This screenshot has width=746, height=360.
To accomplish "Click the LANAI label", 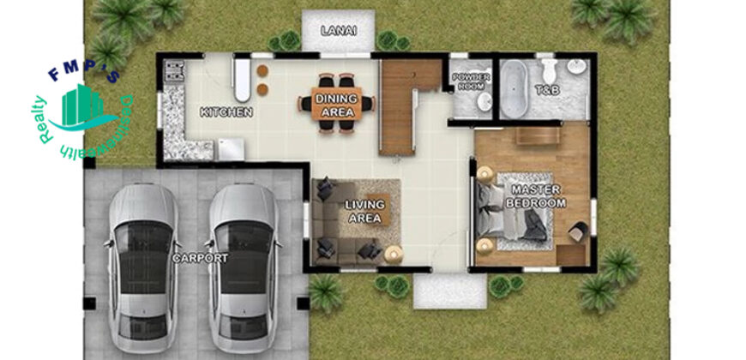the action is (x=339, y=32).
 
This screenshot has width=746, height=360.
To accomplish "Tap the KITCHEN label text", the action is (x=226, y=112).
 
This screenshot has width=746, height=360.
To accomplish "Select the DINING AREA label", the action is (x=336, y=105).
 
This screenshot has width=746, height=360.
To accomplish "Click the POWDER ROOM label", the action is (x=471, y=81).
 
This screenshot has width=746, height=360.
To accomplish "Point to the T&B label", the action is (x=548, y=90).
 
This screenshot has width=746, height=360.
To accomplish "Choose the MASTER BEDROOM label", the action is (x=536, y=196).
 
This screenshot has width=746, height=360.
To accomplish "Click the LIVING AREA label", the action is (x=364, y=212).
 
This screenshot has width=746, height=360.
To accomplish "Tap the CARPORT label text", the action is (x=200, y=259).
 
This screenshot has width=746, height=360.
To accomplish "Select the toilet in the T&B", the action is (x=549, y=70).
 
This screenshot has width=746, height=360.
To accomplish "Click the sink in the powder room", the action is (x=484, y=102).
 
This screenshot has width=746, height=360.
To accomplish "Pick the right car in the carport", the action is (x=244, y=267).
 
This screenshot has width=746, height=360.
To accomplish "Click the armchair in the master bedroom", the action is (x=578, y=231).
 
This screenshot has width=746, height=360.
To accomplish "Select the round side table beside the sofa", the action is (x=394, y=255).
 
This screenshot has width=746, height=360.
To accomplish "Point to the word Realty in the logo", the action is (x=45, y=120).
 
